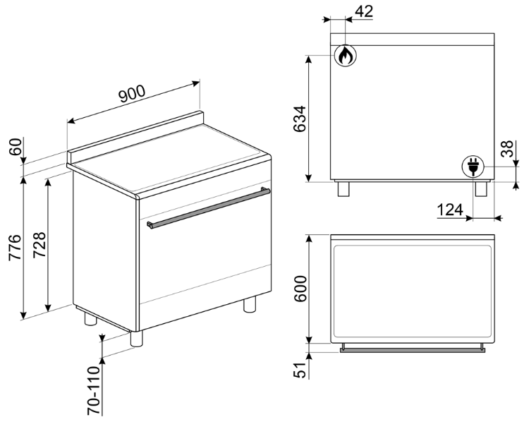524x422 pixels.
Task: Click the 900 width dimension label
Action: (x=131, y=95)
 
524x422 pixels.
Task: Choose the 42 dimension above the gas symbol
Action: (x=364, y=11)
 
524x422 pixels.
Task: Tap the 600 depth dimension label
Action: (x=299, y=289)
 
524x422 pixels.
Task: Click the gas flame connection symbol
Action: (x=343, y=56)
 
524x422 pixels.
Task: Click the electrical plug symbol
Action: (x=473, y=167)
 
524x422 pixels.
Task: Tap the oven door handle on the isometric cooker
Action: (x=209, y=207)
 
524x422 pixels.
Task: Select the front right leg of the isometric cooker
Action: (x=249, y=305)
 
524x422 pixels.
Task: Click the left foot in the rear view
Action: (x=343, y=189)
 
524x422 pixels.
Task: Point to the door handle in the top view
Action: (x=413, y=348)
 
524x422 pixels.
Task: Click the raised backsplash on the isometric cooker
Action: (x=134, y=135)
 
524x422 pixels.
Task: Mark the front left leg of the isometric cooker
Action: (x=137, y=338)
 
